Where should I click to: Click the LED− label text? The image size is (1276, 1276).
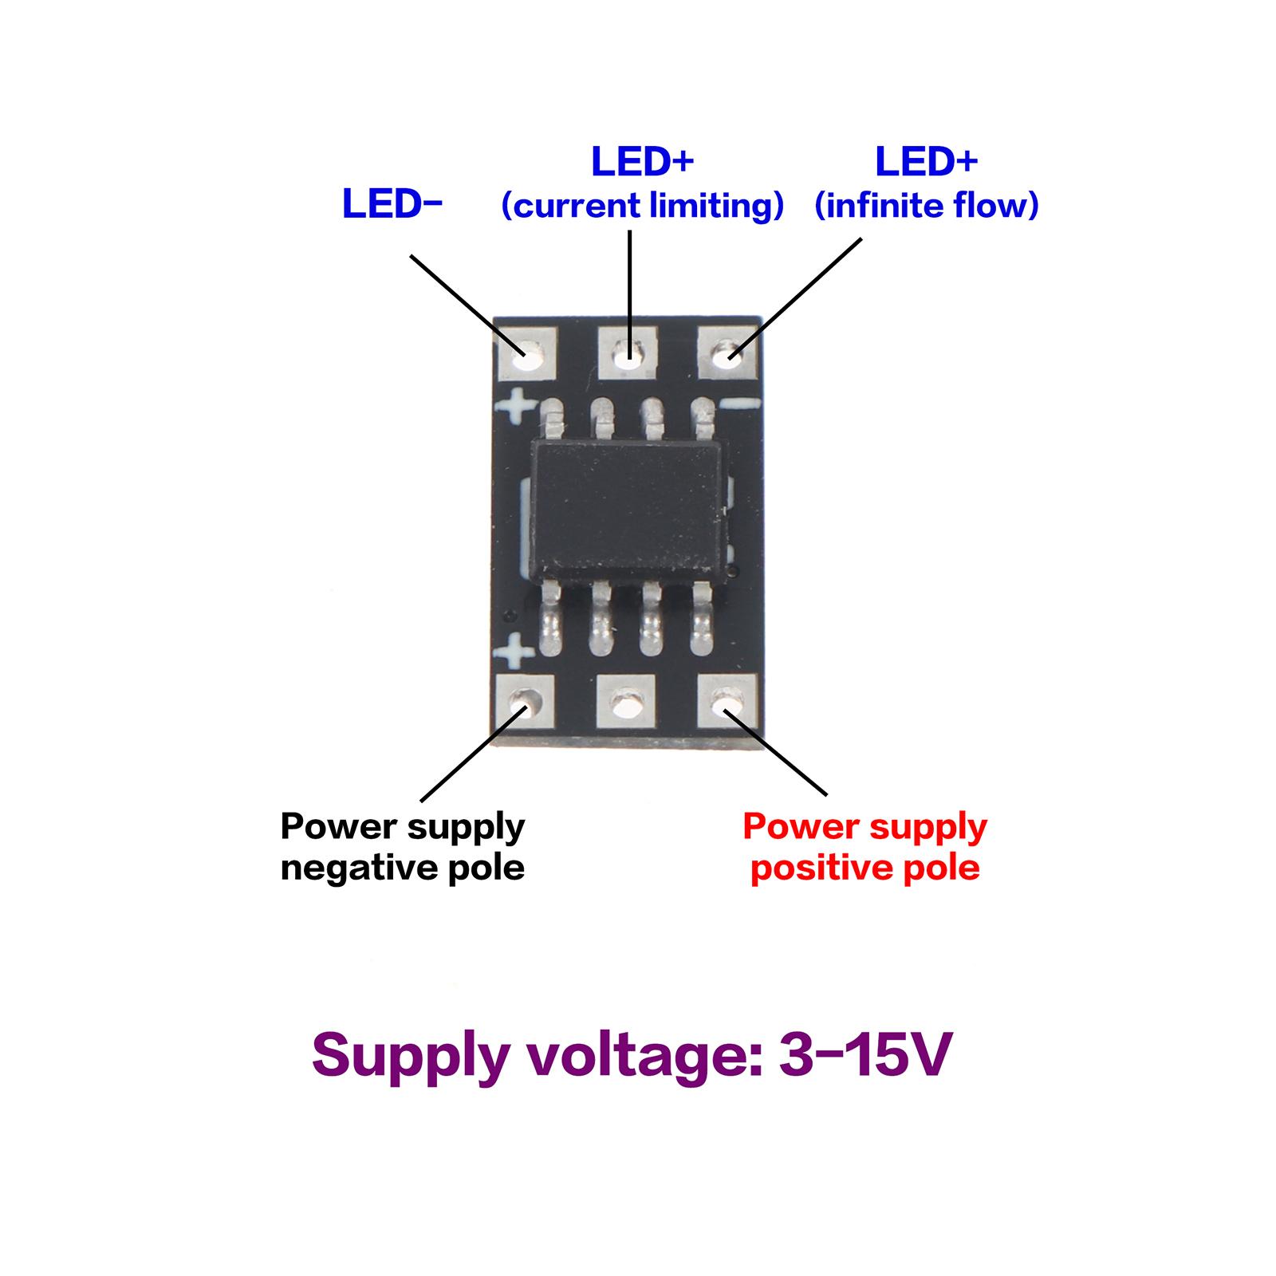pyautogui.click(x=392, y=204)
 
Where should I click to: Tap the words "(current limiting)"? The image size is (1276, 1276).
pyautogui.click(x=643, y=206)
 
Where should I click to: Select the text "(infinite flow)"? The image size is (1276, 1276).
pyautogui.click(x=926, y=206)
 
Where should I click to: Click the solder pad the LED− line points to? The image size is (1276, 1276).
pyautogui.click(x=526, y=354)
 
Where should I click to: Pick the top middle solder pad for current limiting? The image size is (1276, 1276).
pyautogui.click(x=628, y=354)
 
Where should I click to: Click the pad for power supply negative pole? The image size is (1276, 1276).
pyautogui.click(x=526, y=702)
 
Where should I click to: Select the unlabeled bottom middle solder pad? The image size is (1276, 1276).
pyautogui.click(x=627, y=703)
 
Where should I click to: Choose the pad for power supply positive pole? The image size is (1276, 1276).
pyautogui.click(x=727, y=701)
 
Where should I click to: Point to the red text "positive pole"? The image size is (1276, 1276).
pyautogui.click(x=865, y=868)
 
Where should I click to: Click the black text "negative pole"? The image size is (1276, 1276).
pyautogui.click(x=403, y=868)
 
